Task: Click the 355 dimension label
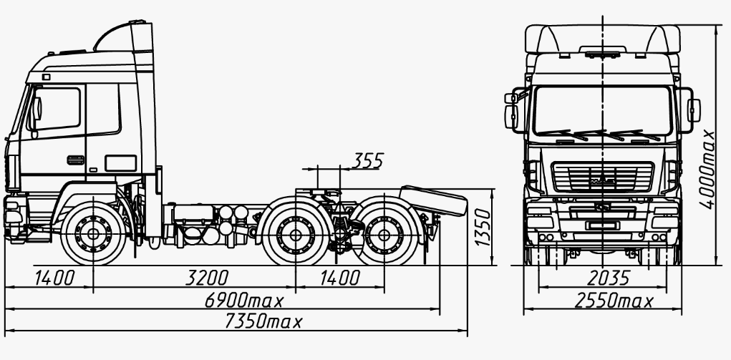367,160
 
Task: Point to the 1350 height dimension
483,227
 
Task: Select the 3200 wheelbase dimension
207,278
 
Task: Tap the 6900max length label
244,301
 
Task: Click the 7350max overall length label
264,321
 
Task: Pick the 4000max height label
707,169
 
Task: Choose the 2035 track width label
609,278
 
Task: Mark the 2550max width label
614,301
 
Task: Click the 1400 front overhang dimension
54,278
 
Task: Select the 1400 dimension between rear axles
340,278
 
